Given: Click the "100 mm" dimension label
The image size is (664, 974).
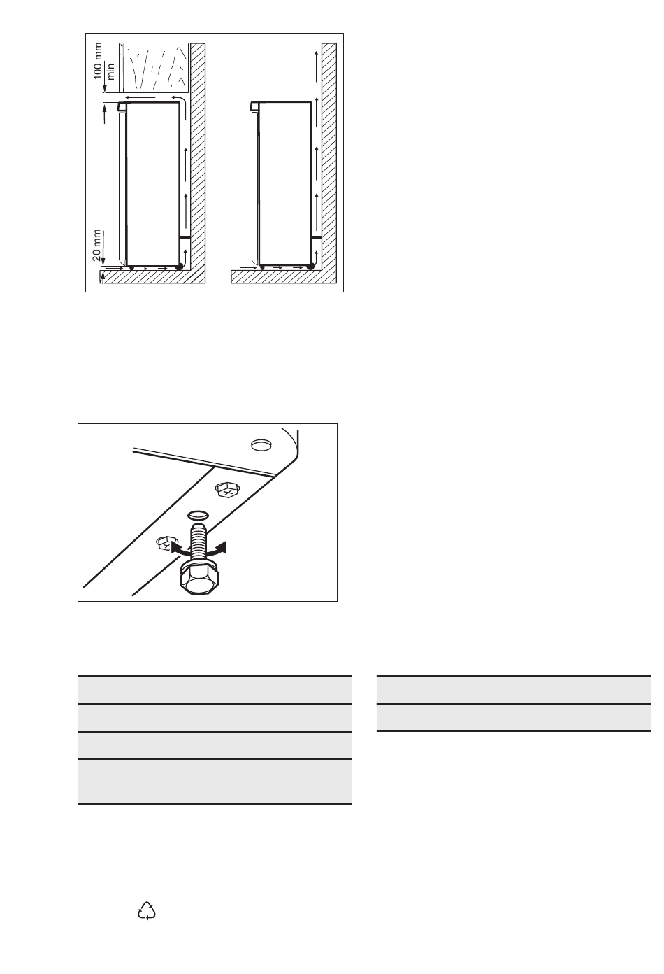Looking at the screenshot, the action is [x=98, y=61].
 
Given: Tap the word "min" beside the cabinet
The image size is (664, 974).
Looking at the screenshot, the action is [x=110, y=71].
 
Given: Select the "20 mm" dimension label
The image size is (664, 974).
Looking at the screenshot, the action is [x=97, y=245].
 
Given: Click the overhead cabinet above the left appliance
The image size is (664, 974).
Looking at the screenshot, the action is [x=154, y=68].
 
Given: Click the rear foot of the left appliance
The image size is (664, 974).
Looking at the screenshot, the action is [x=178, y=267].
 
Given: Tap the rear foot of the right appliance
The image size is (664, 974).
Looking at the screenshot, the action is [x=310, y=267].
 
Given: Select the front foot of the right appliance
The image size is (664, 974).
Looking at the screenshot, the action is [x=262, y=267].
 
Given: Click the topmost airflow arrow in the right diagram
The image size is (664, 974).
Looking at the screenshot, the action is [x=316, y=66].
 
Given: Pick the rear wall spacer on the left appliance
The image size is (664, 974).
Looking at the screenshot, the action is [x=185, y=237].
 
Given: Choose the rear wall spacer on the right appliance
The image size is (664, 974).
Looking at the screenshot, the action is [x=316, y=237].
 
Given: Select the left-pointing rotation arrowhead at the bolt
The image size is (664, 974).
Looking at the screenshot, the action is [x=176, y=547].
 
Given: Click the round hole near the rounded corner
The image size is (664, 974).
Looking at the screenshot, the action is [x=261, y=444].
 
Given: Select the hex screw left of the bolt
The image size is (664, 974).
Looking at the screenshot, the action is [x=164, y=543].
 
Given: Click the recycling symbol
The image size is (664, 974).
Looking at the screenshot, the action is [x=146, y=910].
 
